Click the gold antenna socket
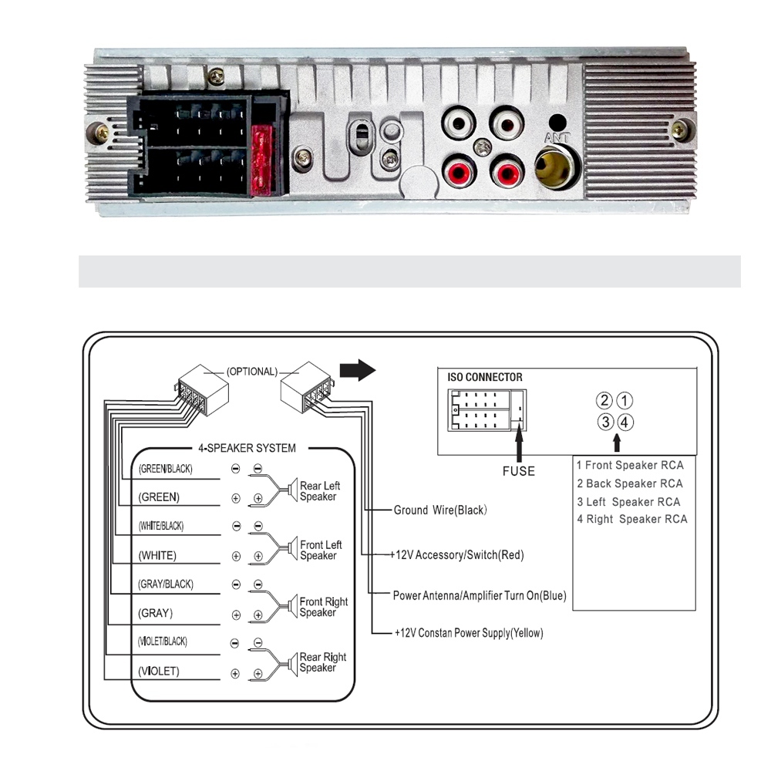click(x=557, y=167)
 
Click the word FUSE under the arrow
click(x=518, y=471)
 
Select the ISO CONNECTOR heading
click(x=485, y=378)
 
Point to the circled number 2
click(x=605, y=401)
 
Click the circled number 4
click(x=625, y=422)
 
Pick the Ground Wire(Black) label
click(x=440, y=510)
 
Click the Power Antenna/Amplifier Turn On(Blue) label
click(x=480, y=595)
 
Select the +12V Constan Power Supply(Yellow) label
click(x=469, y=633)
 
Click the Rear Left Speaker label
click(x=319, y=491)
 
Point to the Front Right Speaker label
click(x=323, y=607)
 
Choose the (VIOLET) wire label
click(x=159, y=672)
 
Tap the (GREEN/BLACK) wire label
click(x=165, y=469)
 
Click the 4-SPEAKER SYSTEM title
click(x=242, y=448)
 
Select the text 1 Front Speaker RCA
click(x=630, y=465)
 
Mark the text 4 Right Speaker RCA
click(x=632, y=519)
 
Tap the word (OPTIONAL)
click(x=251, y=372)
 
